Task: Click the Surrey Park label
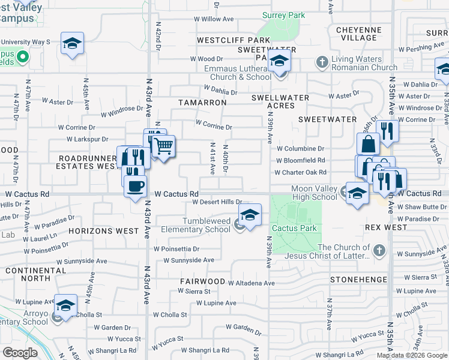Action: tap(284, 16)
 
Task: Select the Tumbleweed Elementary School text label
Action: tap(197, 225)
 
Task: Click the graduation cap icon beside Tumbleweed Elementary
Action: tap(250, 214)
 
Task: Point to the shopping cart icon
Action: tap(163, 146)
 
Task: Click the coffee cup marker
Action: tap(135, 185)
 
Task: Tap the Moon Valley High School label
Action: tap(314, 193)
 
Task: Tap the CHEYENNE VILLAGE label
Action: tap(359, 34)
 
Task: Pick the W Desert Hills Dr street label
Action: tap(217, 202)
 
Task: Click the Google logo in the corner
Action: tap(20, 353)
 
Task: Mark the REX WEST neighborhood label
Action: tap(386, 228)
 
